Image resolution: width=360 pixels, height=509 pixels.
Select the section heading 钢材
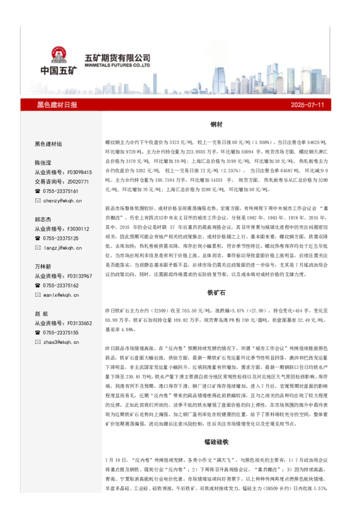(x=216, y=124)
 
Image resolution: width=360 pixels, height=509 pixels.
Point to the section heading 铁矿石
(x=216, y=292)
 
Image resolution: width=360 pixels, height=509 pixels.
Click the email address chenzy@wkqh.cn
(x=62, y=200)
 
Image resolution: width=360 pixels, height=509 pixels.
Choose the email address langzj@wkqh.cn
(x=62, y=247)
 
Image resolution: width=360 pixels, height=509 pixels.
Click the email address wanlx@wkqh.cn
(x=61, y=294)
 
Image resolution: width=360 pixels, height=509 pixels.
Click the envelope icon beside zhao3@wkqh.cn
(x=38, y=342)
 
